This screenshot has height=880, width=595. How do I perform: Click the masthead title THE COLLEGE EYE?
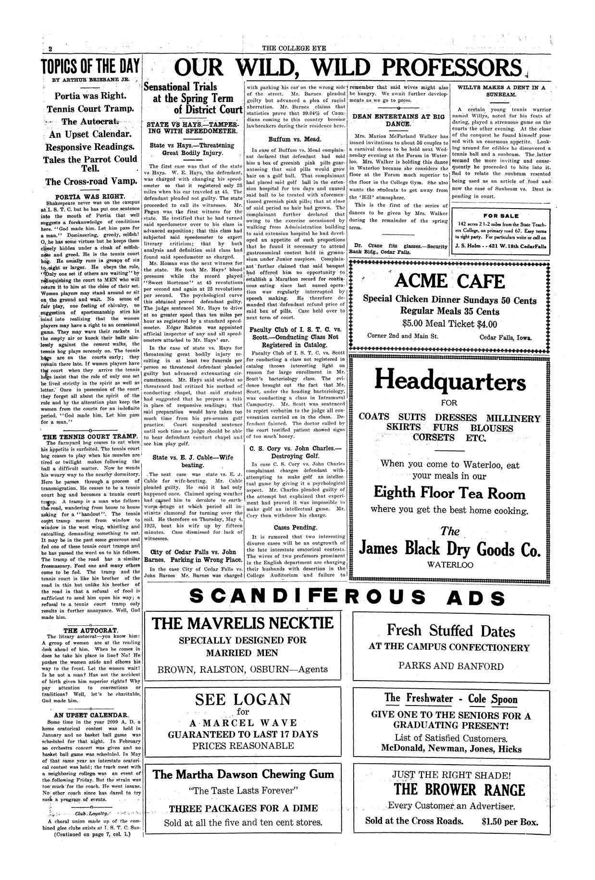point(297,48)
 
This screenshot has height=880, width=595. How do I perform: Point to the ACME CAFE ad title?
point(449,282)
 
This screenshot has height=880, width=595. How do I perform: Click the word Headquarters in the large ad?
point(450,381)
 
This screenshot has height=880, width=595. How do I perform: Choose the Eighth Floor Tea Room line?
point(449,493)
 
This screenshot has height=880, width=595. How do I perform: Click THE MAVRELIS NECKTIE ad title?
point(243,624)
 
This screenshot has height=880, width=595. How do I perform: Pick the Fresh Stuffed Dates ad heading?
point(450,631)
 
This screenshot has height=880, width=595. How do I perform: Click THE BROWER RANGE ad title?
point(459,790)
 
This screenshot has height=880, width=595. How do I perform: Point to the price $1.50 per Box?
point(509,821)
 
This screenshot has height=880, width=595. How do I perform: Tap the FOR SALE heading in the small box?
point(500,216)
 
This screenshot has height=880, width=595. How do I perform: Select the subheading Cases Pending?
point(295,527)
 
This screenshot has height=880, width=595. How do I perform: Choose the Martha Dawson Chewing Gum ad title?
point(243,774)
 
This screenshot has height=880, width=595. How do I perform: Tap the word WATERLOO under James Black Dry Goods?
point(450,565)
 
